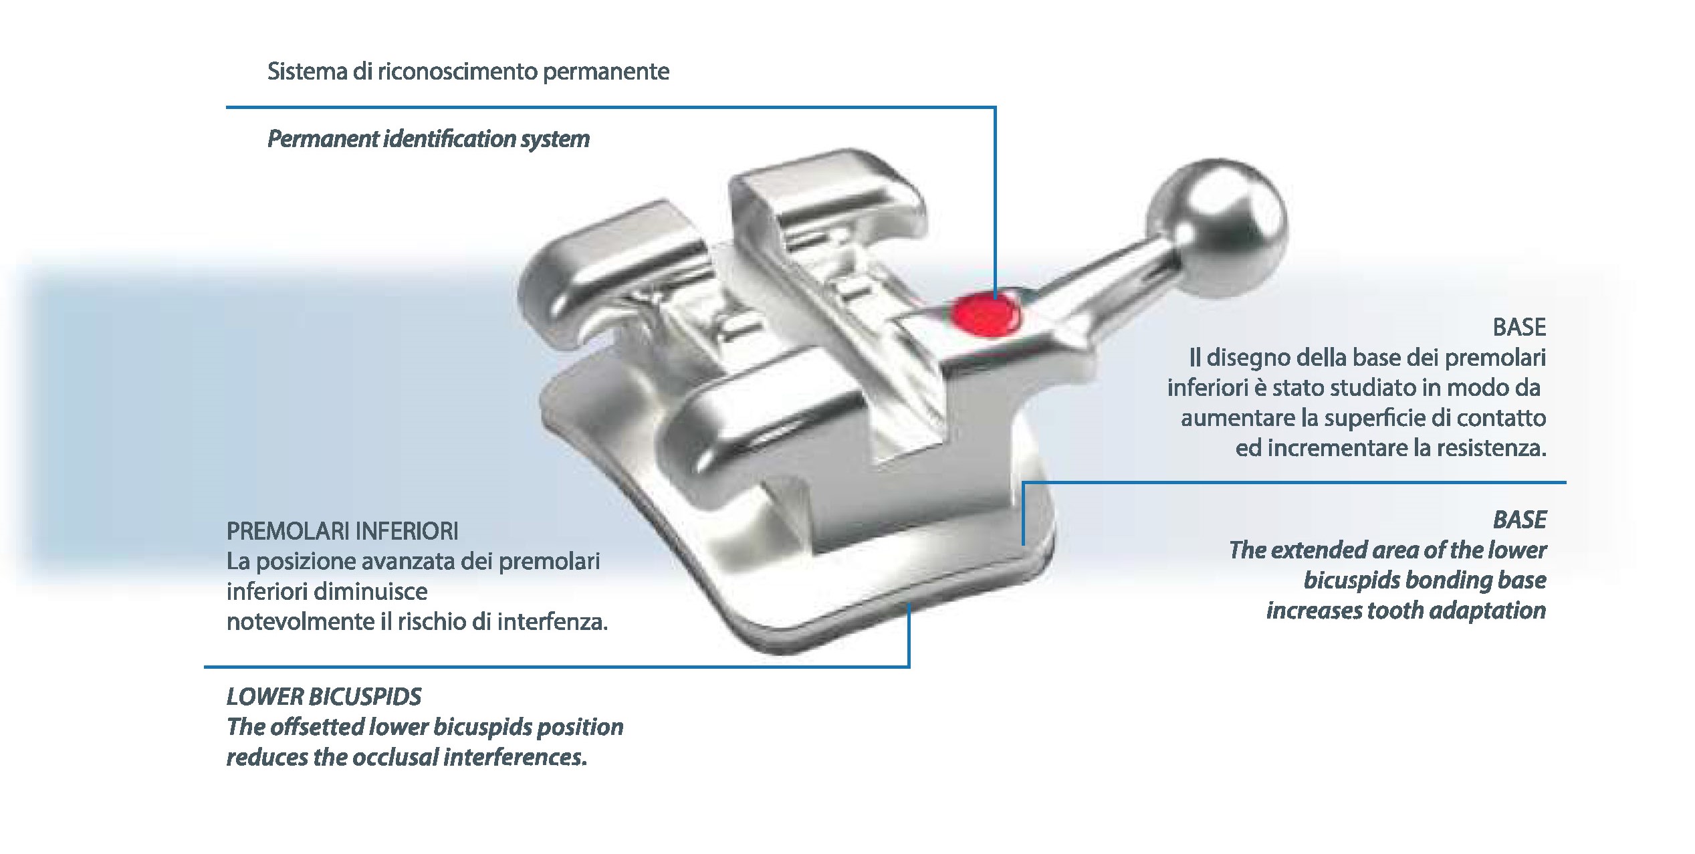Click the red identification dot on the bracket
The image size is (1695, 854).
986,316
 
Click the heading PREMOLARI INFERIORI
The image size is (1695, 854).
342,531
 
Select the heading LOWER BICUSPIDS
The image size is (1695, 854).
324,697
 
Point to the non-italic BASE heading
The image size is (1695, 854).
1519,327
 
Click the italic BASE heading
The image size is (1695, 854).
1519,520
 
